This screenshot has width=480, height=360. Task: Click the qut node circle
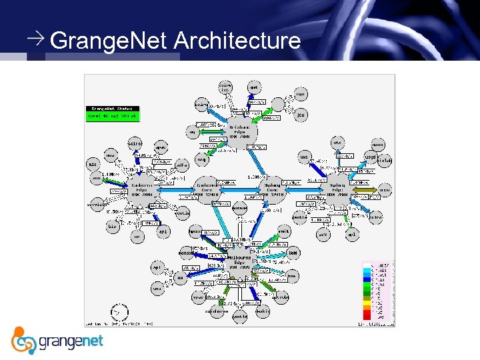point(254,87)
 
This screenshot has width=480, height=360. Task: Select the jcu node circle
point(301,114)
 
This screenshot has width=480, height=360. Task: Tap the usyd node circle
point(371,157)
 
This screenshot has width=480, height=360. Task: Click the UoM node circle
point(293,253)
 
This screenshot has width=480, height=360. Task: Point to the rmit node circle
point(283,231)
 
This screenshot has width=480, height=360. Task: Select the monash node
point(186,253)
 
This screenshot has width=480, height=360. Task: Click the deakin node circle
point(263,311)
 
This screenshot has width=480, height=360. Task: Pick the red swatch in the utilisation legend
point(366,316)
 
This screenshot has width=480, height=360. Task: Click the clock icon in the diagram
point(119,311)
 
